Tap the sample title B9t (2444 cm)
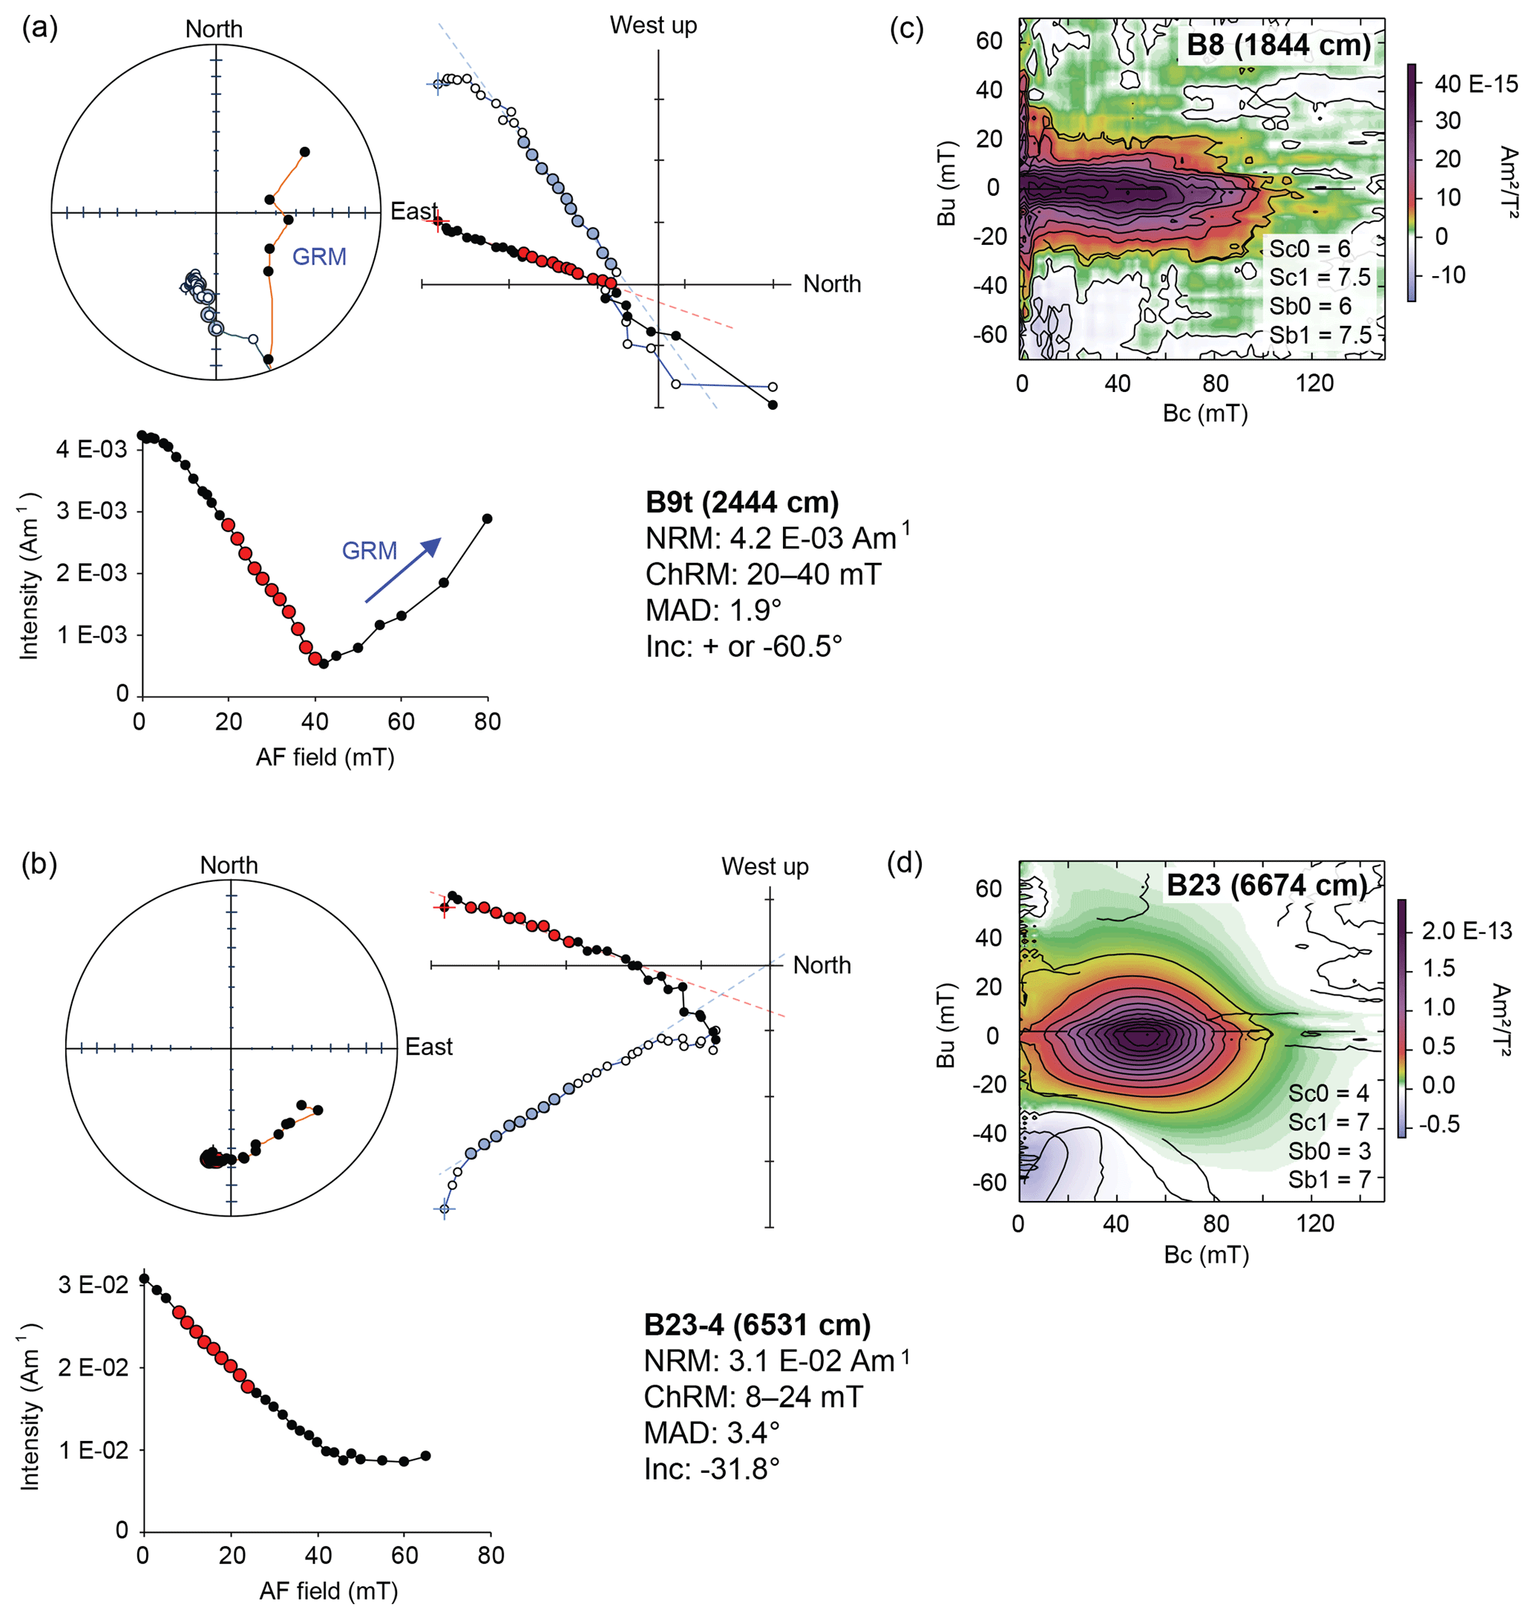[x=741, y=503]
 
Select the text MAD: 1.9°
[x=713, y=610]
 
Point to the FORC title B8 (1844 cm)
[x=1279, y=45]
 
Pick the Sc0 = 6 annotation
[x=1309, y=249]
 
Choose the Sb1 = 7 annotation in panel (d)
[x=1328, y=1180]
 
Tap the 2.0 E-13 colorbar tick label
[x=1467, y=931]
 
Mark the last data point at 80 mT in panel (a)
[x=488, y=519]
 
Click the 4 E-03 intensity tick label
[x=91, y=449]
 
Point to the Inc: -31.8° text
[x=712, y=1469]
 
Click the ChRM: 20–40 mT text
[x=763, y=575]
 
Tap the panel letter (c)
[x=906, y=29]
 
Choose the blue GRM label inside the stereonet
[x=319, y=257]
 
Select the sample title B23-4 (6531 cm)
[x=757, y=1325]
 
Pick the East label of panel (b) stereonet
[x=428, y=1047]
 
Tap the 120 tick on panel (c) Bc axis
[x=1314, y=384]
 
